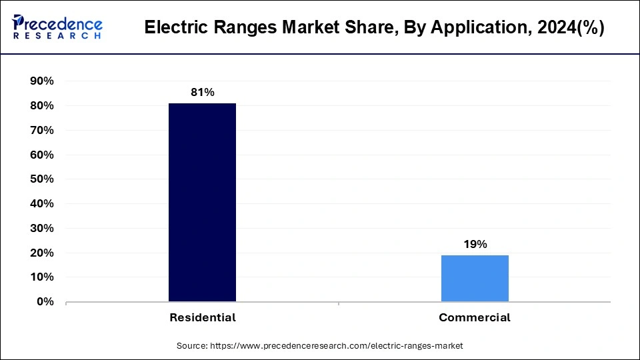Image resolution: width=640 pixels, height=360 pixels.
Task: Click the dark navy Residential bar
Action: pos(202,202)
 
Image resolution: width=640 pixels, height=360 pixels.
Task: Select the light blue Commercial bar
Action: pos(475,278)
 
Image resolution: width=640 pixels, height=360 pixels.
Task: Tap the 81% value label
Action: pos(202,93)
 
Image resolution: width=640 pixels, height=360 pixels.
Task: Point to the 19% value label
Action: pos(475,244)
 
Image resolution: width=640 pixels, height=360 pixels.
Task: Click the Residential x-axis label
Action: pos(202,318)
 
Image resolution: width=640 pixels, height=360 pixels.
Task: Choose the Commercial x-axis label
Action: pos(475,318)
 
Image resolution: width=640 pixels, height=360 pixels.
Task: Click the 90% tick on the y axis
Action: pos(42,81)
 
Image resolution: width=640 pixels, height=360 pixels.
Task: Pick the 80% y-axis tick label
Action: pos(42,106)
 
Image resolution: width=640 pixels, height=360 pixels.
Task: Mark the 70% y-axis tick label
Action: pos(42,131)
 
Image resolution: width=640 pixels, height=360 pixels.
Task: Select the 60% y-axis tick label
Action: pos(42,155)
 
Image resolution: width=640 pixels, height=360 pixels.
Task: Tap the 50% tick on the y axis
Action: pos(42,179)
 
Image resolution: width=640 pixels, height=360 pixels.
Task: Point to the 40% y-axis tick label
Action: pos(42,204)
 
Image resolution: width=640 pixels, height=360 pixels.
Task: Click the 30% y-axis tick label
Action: pos(42,229)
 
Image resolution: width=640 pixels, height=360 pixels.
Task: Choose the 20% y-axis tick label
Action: pos(42,253)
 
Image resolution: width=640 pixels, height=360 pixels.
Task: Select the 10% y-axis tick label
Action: pos(42,277)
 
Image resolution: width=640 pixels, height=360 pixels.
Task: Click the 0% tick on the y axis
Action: pos(45,302)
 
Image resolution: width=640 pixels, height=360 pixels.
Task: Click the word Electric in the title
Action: pos(173,29)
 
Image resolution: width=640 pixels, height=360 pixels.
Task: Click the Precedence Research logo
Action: pos(57,27)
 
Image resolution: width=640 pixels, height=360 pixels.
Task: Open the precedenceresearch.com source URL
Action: pos(336,346)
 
